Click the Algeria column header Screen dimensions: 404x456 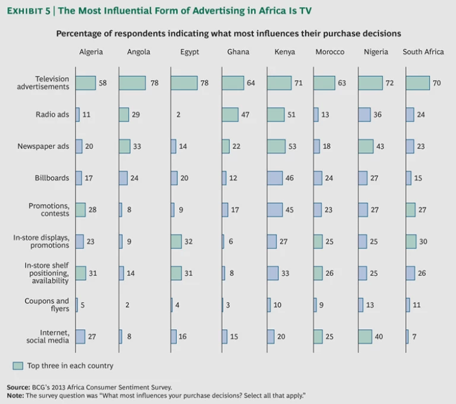(91, 52)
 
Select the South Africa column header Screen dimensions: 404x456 (423, 52)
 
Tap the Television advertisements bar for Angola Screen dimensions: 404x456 (132, 83)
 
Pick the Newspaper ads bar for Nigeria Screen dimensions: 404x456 (366, 146)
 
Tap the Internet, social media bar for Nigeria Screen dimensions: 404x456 (365, 336)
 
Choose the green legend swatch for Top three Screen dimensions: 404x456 (17, 365)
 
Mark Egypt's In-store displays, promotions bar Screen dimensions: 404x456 (176, 241)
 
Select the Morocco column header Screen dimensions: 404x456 (330, 52)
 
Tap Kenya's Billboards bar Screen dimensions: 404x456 (275, 177)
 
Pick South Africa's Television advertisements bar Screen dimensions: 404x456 (417, 83)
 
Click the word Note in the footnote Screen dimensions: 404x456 (15, 395)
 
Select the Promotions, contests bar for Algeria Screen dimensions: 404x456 (81, 209)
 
